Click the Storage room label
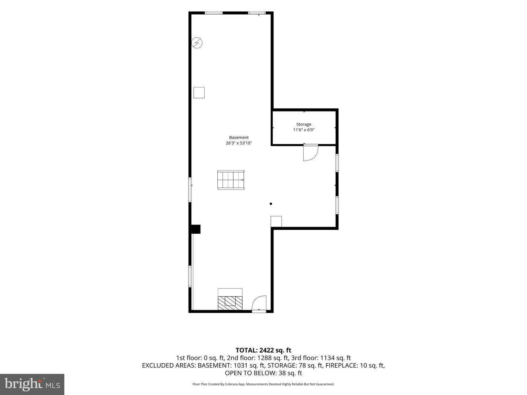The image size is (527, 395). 303,124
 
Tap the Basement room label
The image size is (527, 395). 239,138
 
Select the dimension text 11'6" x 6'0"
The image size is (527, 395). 303,130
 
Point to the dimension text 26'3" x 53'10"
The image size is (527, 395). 239,143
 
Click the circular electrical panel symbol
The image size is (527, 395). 197,43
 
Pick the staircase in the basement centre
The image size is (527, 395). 231,180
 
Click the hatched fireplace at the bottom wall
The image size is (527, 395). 230,303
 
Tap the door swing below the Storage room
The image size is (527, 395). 311,153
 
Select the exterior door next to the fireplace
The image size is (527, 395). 259,304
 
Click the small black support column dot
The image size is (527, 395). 271,204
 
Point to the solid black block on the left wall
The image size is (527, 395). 195,229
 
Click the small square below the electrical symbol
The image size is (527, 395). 199,93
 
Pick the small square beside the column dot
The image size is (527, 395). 276,221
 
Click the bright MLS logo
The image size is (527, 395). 32,384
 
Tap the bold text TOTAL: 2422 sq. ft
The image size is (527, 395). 263,350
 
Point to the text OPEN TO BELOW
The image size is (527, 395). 250,373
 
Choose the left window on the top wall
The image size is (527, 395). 213,13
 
